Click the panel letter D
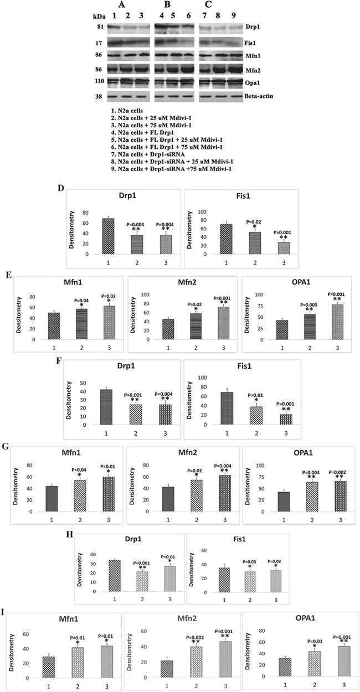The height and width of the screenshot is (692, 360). point(61,188)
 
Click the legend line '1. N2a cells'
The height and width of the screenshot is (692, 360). point(130,111)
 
